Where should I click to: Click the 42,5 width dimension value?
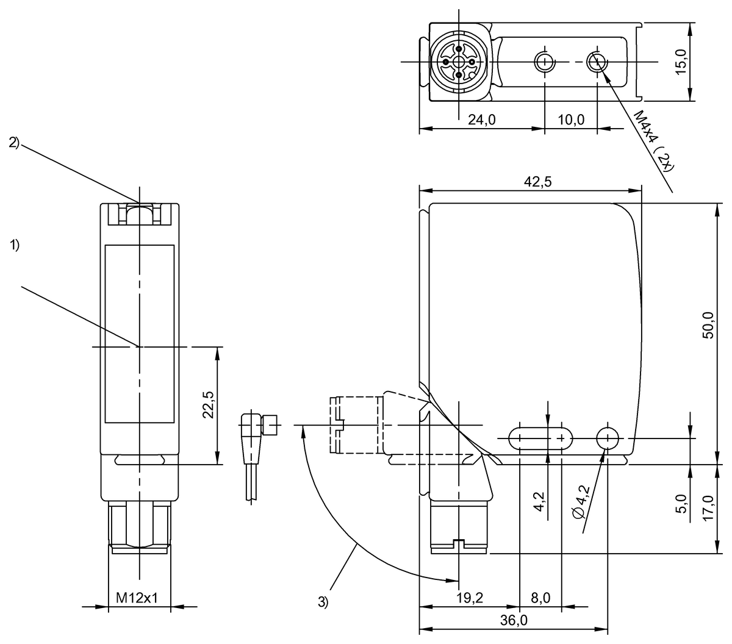coord(537,182)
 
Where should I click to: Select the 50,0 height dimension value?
coord(708,324)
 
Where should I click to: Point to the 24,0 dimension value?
coord(482,120)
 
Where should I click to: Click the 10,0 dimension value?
coord(571,120)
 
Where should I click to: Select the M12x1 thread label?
coord(137,598)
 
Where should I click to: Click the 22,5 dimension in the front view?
coord(209,405)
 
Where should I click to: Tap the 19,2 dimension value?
coord(469,598)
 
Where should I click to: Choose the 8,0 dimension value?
coord(540,598)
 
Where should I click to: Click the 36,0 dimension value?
coord(514,620)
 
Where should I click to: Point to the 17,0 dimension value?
coord(708,508)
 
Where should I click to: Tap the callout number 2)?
coord(15,143)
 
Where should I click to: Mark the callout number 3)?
coord(323,602)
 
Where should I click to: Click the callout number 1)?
coord(15,245)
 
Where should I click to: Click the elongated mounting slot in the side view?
coord(540,438)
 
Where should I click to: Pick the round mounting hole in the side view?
coord(608,438)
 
